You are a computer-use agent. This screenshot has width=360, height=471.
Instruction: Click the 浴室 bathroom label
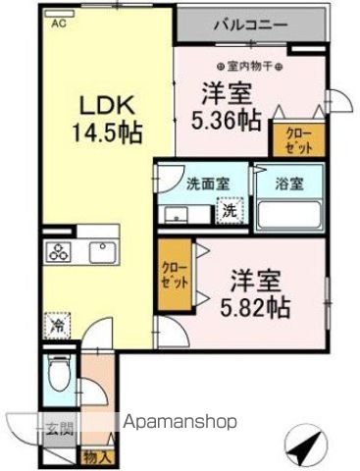(x=290, y=183)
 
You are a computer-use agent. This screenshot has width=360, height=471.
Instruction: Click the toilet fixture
(x=58, y=379)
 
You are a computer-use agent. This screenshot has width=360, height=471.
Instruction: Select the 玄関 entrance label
(x=57, y=427)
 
